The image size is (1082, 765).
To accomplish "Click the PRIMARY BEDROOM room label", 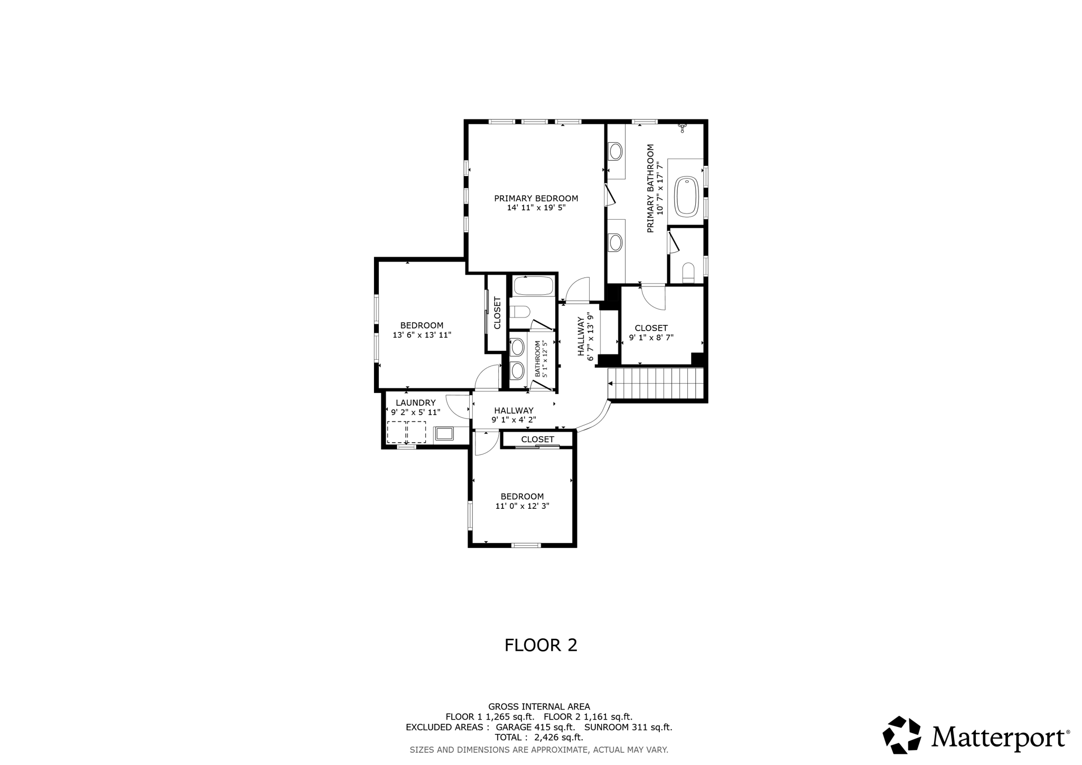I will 536,199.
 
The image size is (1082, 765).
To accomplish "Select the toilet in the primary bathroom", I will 688,272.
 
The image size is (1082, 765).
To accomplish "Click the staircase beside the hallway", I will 656,384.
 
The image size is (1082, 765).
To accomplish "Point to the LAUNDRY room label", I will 415,403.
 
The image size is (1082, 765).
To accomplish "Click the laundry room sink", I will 444,434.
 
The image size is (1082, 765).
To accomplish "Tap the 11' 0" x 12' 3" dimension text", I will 522,506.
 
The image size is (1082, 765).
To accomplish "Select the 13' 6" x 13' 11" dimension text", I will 422,335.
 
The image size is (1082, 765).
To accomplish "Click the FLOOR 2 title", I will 540,645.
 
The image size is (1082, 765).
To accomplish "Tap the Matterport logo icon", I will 902,734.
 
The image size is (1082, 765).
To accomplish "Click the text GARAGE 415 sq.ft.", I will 535,727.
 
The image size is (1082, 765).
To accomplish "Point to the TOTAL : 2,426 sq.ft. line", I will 538,737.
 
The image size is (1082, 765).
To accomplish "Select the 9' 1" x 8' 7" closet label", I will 651,338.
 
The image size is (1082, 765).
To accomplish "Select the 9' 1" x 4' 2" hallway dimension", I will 514,420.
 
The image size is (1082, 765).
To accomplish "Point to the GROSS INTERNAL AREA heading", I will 539,706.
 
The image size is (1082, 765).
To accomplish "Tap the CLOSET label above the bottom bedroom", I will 537,440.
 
